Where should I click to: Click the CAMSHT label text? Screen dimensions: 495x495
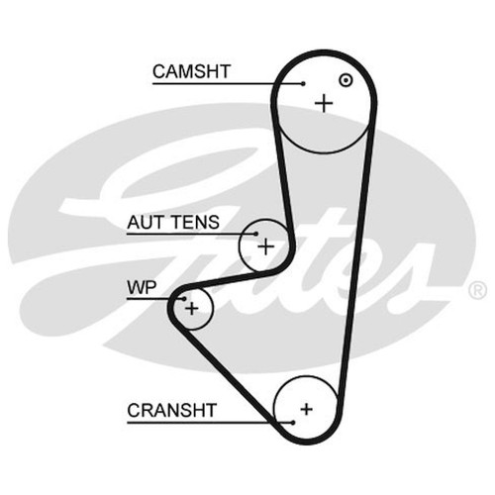click(x=191, y=71)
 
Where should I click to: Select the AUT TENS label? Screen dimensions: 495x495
click(x=173, y=222)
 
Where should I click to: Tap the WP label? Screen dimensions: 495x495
click(x=142, y=287)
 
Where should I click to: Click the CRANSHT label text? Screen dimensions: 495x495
click(x=171, y=410)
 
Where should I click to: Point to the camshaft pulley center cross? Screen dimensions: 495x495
click(x=324, y=103)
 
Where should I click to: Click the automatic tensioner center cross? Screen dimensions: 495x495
click(x=265, y=247)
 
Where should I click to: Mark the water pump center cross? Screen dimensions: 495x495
click(x=191, y=309)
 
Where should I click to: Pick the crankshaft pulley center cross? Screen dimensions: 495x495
click(x=307, y=409)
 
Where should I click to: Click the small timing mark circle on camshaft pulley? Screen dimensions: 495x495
click(x=346, y=80)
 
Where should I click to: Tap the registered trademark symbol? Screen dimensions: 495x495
click(x=477, y=290)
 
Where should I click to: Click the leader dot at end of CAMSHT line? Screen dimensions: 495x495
click(x=303, y=83)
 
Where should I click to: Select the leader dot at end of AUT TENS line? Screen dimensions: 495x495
click(x=255, y=234)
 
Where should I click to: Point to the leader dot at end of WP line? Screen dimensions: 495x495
click(x=184, y=299)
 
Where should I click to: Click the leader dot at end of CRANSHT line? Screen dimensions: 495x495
click(x=292, y=423)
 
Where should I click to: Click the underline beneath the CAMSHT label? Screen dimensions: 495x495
click(x=228, y=84)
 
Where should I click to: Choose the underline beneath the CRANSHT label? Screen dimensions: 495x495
click(x=210, y=423)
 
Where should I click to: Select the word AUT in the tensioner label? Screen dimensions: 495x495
click(x=147, y=222)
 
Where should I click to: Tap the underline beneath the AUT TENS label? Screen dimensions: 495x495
click(x=191, y=234)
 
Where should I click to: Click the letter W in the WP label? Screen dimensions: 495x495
click(x=137, y=287)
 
